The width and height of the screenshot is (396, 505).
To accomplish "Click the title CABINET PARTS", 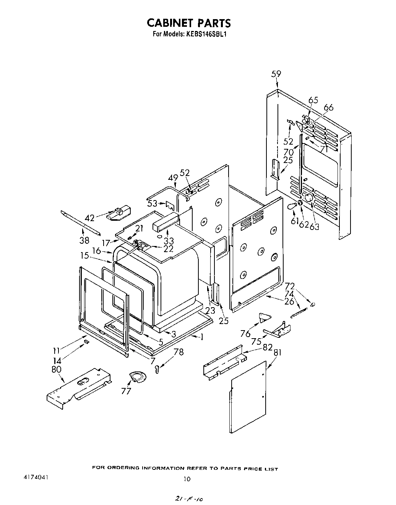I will point(189,23).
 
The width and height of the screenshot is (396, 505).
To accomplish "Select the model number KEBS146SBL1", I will point(207,34).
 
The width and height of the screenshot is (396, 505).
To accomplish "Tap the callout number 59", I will point(276,74).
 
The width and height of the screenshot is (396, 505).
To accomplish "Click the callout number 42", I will point(89,218).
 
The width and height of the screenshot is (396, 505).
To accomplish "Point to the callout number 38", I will point(84,240).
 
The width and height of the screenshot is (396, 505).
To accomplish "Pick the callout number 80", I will point(56,370).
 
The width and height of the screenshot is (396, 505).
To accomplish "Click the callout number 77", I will point(126,391).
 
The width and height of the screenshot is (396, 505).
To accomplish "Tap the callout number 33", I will point(169,241).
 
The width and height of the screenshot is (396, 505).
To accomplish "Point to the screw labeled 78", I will point(157,369).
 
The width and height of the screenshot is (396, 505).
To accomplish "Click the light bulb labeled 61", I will point(292,207).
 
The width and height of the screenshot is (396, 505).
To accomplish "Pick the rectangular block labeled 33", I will point(166,223).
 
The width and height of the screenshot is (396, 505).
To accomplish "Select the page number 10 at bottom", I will point(187,479).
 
